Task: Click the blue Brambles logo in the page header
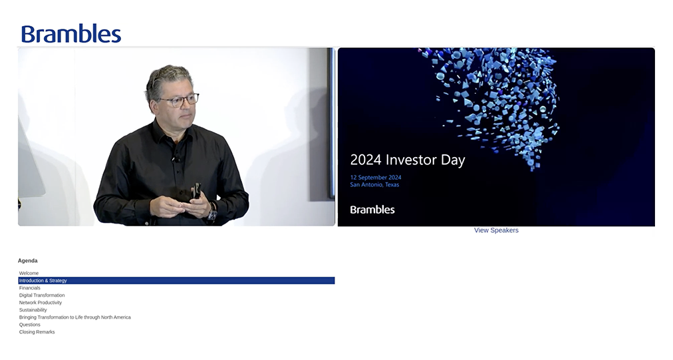71,34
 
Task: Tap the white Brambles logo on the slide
372,210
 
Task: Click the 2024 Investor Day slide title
407,160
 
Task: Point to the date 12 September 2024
376,178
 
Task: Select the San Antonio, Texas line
374,185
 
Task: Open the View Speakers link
496,230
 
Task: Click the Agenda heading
27,261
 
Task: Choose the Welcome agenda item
29,273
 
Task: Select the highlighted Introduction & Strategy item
43,281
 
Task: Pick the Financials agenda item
30,288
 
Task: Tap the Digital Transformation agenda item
42,295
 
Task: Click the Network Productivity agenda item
41,302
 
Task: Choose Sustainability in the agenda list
33,309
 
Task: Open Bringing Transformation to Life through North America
74,317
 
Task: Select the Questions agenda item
30,324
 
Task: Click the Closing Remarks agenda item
37,331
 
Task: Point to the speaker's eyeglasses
180,100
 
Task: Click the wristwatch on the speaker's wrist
212,213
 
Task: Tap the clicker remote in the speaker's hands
196,190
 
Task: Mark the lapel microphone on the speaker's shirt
176,158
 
